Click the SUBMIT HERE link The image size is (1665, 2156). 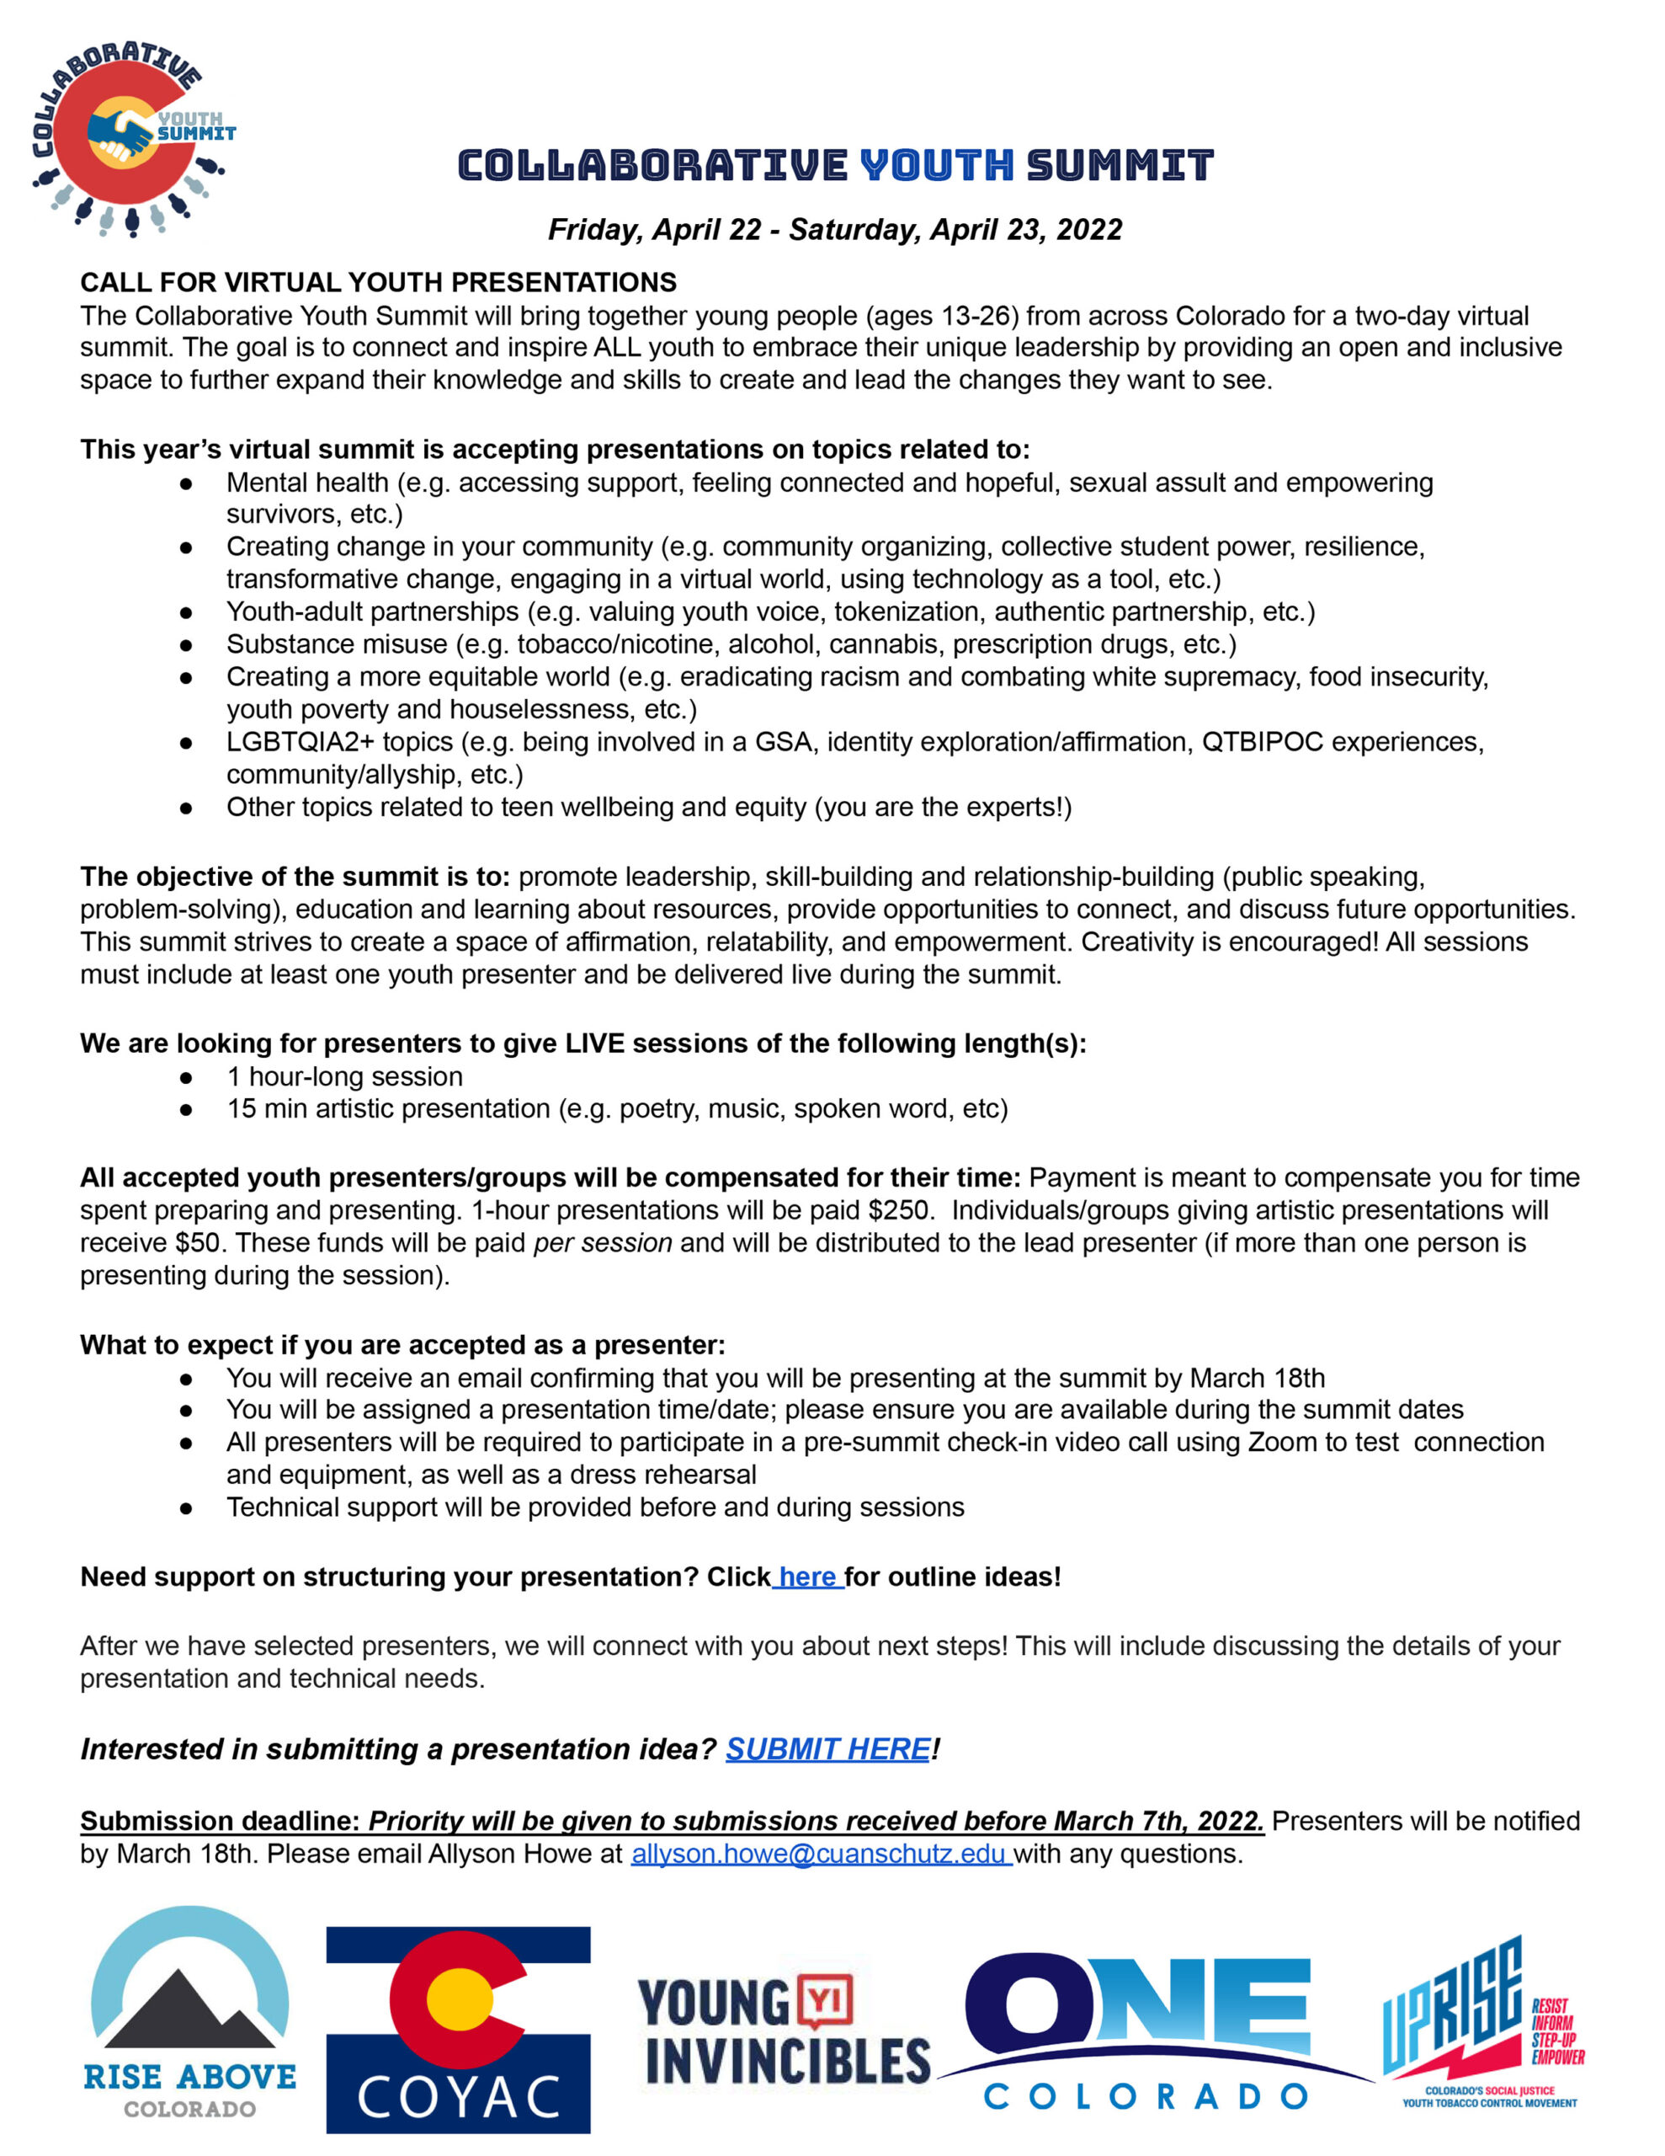827,1749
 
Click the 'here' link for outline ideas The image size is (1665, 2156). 807,1577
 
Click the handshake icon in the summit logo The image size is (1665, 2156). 120,134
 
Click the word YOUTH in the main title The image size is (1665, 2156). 937,166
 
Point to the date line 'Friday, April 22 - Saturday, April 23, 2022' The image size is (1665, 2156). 835,230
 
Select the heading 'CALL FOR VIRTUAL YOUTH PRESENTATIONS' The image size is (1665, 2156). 378,282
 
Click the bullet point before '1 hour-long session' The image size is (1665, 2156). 185,1078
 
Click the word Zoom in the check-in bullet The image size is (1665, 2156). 1282,1443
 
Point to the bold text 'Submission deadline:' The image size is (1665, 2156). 219,1822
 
